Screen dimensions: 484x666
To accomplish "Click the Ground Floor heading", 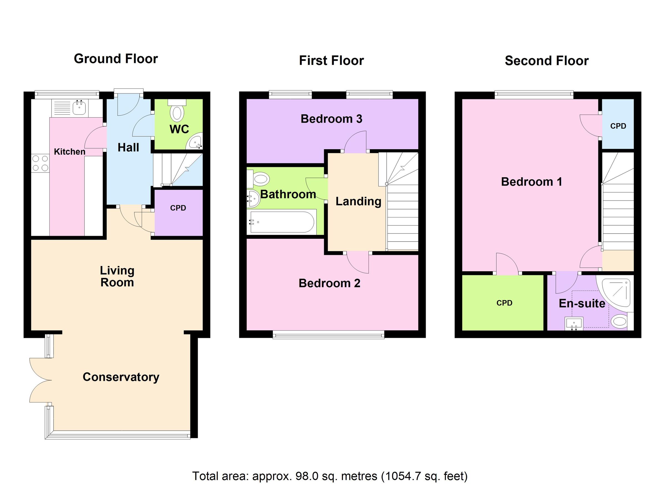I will point(116,59).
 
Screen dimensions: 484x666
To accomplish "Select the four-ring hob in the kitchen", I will point(40,163).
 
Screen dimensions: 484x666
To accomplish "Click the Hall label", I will point(128,148).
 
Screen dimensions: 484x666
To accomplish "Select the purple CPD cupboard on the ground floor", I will point(178,212).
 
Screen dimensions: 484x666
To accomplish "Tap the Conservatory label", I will point(121,377).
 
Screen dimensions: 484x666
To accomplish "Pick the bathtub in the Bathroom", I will point(282,222).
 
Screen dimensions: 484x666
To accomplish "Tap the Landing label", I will point(358,201).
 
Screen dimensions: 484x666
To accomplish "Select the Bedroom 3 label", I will point(331,119).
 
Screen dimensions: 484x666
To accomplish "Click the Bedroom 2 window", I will point(328,335).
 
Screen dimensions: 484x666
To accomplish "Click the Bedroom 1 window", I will point(534,95).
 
